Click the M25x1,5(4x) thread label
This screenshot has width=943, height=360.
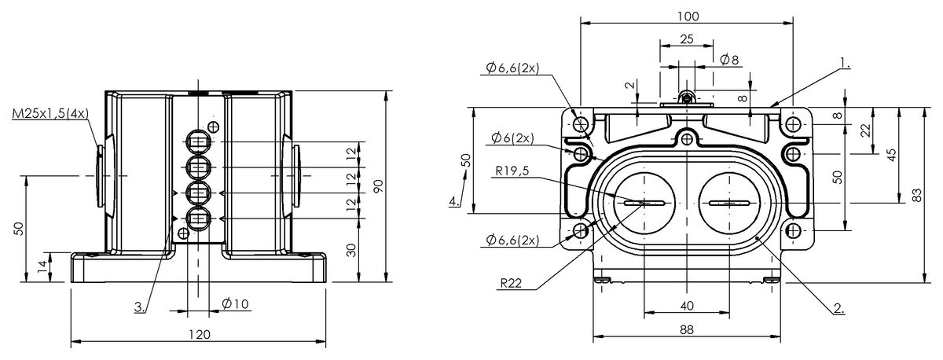(50, 114)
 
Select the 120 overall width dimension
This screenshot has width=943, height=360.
(199, 335)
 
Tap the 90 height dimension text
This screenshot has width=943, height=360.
(379, 186)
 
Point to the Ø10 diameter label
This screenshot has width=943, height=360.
(235, 303)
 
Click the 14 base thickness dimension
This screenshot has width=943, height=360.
(42, 267)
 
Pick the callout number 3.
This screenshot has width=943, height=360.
(140, 307)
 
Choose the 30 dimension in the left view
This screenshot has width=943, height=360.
(351, 250)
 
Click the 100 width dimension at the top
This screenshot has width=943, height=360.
(688, 17)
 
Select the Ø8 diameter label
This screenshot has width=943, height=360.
(729, 60)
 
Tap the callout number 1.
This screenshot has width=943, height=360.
(845, 63)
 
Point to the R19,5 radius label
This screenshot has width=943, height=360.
(512, 171)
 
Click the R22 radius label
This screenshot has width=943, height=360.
(511, 283)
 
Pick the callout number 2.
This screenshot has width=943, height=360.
(839, 309)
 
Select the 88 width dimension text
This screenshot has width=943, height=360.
(687, 329)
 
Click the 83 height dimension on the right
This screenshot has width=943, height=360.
(917, 195)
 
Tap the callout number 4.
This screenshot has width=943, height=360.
(454, 201)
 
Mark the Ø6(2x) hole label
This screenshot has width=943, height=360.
(512, 138)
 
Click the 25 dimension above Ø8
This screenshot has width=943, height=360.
(687, 39)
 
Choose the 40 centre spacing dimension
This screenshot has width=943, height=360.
(687, 306)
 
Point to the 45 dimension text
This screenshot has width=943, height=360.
(891, 155)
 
